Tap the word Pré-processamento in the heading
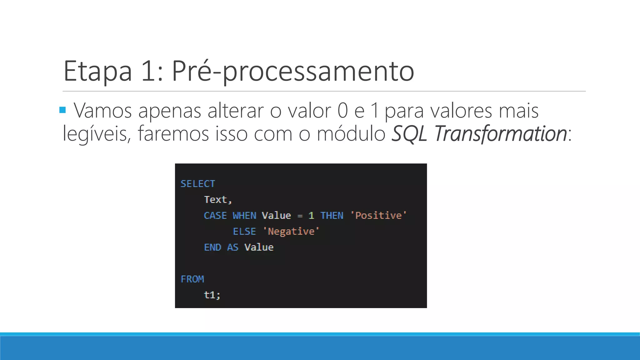pyautogui.click(x=293, y=71)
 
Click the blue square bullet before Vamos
pyautogui.click(x=62, y=110)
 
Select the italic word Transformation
pyautogui.click(x=500, y=133)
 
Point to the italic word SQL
pyautogui.click(x=409, y=133)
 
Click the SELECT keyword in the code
pyautogui.click(x=198, y=184)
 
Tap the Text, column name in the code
pyautogui.click(x=218, y=200)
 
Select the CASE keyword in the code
pyautogui.click(x=215, y=216)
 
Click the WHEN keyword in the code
pyautogui.click(x=244, y=216)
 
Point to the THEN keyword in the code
pyautogui.click(x=332, y=216)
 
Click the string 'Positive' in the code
pyautogui.click(x=378, y=216)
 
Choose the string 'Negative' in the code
pyautogui.click(x=291, y=232)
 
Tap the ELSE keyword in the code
pyautogui.click(x=244, y=232)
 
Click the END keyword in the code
pyautogui.click(x=212, y=247)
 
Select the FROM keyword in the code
pyautogui.click(x=192, y=279)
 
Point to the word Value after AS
pyautogui.click(x=259, y=247)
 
